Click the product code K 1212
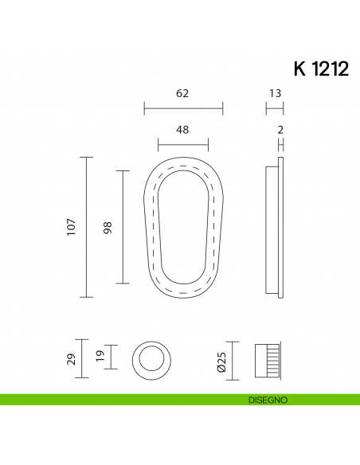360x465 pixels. tap(320, 69)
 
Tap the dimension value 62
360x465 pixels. tap(182, 93)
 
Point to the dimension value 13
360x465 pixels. tap(275, 93)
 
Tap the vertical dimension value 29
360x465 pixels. tap(71, 358)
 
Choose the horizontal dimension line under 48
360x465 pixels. tap(182, 145)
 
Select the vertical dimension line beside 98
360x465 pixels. tap(122, 227)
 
